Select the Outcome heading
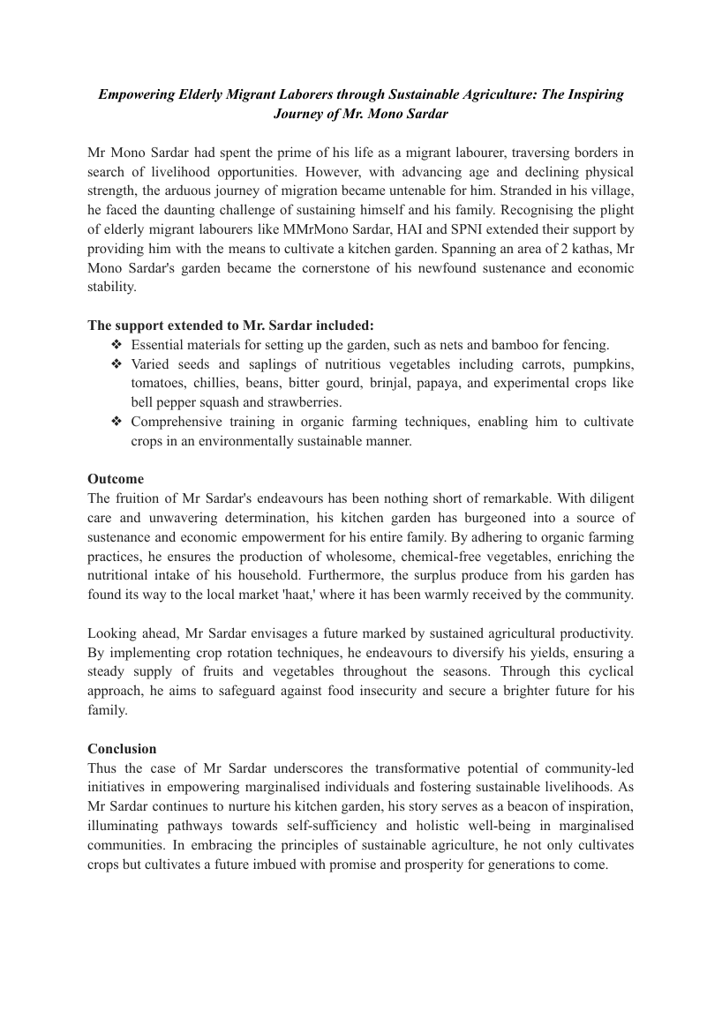[116, 479]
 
